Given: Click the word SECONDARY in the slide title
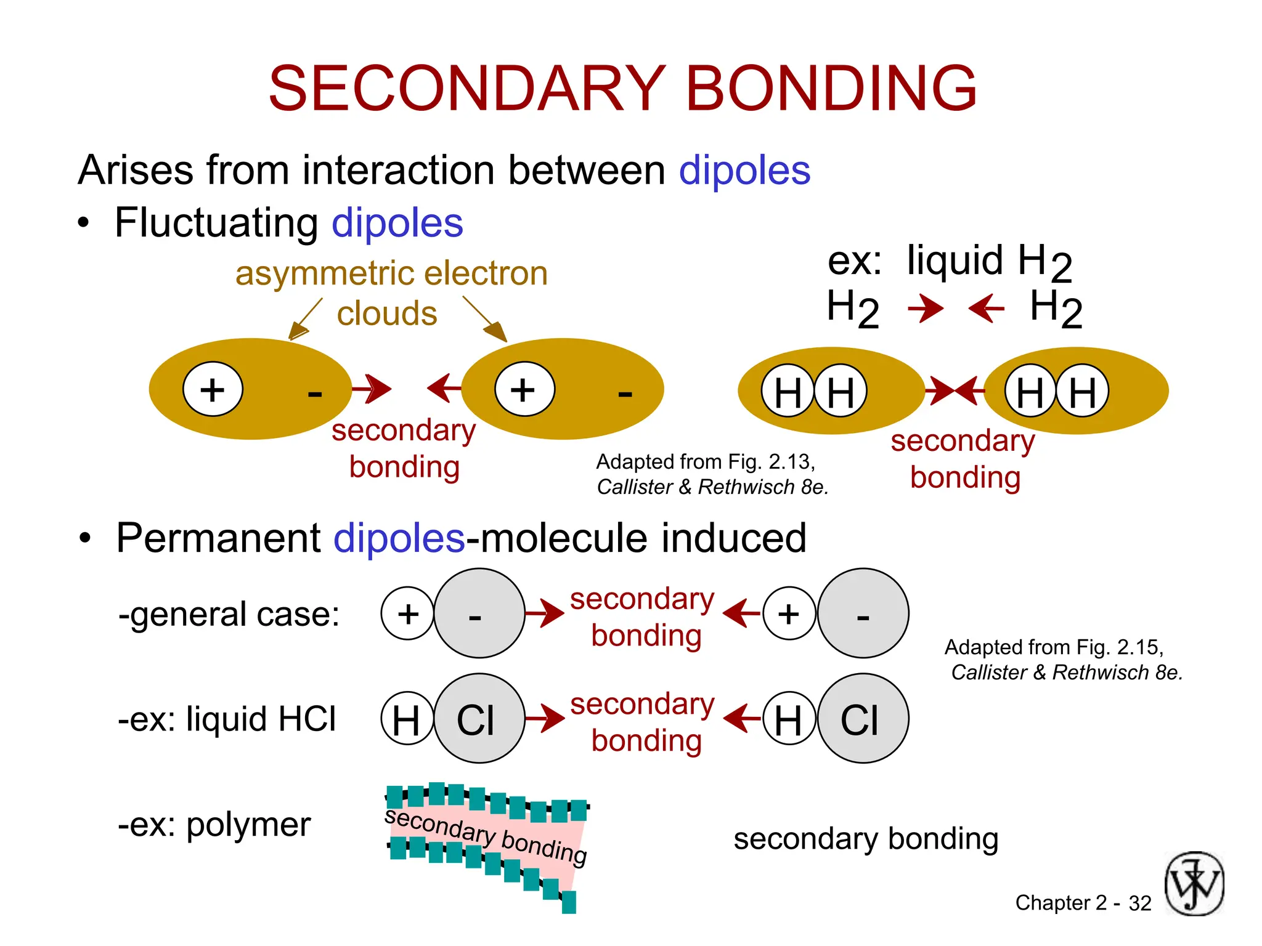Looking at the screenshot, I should [x=466, y=89].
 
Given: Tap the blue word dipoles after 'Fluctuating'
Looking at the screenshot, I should [x=397, y=223].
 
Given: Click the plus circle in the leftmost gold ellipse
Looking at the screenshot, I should [x=213, y=389].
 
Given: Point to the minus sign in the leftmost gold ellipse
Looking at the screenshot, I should [x=315, y=392].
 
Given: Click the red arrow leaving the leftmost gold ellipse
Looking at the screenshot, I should [x=372, y=389].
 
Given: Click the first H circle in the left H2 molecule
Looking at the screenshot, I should [x=788, y=391].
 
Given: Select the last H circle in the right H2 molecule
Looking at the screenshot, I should [x=1083, y=391].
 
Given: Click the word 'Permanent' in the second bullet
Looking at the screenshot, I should [x=218, y=538].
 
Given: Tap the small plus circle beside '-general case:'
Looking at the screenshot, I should [x=407, y=613].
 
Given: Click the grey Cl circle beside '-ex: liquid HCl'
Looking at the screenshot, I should [x=479, y=719].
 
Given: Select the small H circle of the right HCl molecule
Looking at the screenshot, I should [x=788, y=719].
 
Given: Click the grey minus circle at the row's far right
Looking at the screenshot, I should [x=863, y=613].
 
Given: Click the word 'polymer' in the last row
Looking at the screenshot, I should [x=248, y=825].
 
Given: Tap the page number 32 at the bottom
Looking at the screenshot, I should [x=1139, y=903].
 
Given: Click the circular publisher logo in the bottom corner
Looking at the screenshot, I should [x=1194, y=884].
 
